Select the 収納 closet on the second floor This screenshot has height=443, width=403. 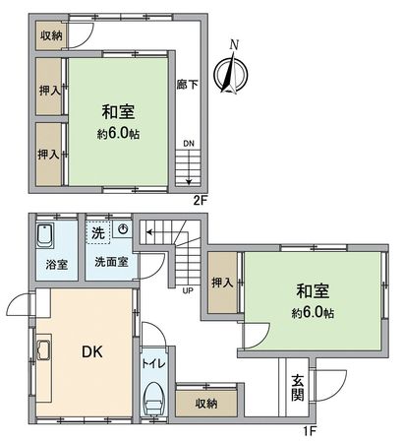pyautogui.click(x=52, y=34)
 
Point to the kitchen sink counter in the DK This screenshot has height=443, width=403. pyautogui.click(x=43, y=351)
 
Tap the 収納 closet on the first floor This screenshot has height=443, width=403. pyautogui.click(x=205, y=403)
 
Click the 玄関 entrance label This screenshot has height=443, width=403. pyautogui.click(x=298, y=390)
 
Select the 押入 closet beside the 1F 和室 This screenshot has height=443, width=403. pyautogui.click(x=222, y=283)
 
